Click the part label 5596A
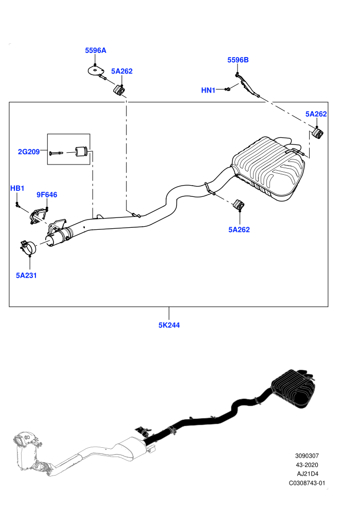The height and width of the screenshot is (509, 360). (x=96, y=50)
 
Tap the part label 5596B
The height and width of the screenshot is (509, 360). (x=238, y=60)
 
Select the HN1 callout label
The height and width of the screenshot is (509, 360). (x=208, y=90)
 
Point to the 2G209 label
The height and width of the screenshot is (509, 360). (x=29, y=152)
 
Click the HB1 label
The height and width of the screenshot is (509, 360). (x=17, y=188)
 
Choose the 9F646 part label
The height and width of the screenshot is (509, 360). (x=47, y=195)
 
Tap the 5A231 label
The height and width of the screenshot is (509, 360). (x=26, y=275)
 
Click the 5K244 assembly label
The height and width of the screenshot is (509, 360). (x=169, y=325)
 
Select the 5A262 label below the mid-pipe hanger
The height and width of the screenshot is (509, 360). (x=239, y=229)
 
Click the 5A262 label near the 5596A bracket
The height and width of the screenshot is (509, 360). (x=122, y=71)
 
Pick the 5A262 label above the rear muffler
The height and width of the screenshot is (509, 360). (x=316, y=114)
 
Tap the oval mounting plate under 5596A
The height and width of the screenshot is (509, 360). (x=96, y=70)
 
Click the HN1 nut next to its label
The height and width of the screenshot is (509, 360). (x=228, y=88)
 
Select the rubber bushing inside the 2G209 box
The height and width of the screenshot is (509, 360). (x=81, y=152)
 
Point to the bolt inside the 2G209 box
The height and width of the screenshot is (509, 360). (x=57, y=152)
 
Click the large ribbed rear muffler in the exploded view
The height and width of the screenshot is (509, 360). (x=269, y=168)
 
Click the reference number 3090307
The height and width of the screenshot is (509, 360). (x=307, y=456)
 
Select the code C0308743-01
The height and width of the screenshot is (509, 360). (x=307, y=483)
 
